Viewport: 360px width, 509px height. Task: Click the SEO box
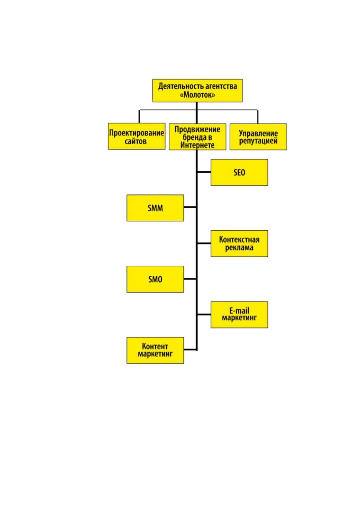[x=239, y=172]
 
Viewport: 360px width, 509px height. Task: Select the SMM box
[x=155, y=208]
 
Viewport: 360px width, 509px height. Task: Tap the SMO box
[x=155, y=279]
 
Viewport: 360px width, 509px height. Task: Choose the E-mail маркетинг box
[x=239, y=315]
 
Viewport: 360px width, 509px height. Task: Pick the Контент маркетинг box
[x=155, y=350]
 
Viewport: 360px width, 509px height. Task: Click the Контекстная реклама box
[x=239, y=244]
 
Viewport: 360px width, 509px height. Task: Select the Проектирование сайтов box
[x=137, y=136]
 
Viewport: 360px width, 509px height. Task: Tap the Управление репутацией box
[x=258, y=137]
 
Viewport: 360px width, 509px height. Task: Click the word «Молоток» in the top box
[x=197, y=95]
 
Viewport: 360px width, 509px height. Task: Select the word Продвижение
[x=197, y=130]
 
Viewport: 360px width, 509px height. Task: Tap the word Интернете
[x=197, y=145]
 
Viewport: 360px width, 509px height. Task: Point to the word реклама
[x=239, y=248]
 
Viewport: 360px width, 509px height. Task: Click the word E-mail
[x=239, y=310]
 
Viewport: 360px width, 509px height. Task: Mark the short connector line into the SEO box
[x=204, y=172]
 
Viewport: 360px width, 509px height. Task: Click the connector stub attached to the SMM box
[x=190, y=207]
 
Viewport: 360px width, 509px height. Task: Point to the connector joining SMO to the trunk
[x=190, y=279]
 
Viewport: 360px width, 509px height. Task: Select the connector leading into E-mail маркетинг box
[x=204, y=314]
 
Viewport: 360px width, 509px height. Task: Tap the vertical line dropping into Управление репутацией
[x=258, y=117]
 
